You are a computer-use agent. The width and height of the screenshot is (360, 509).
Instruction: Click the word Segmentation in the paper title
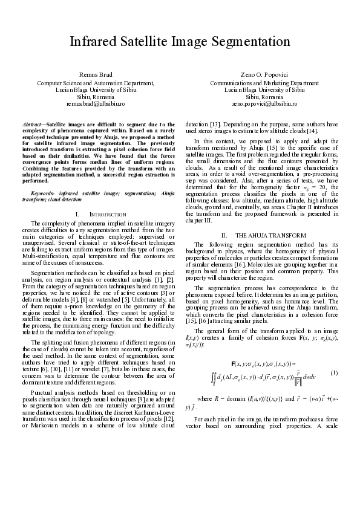click(x=242, y=42)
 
